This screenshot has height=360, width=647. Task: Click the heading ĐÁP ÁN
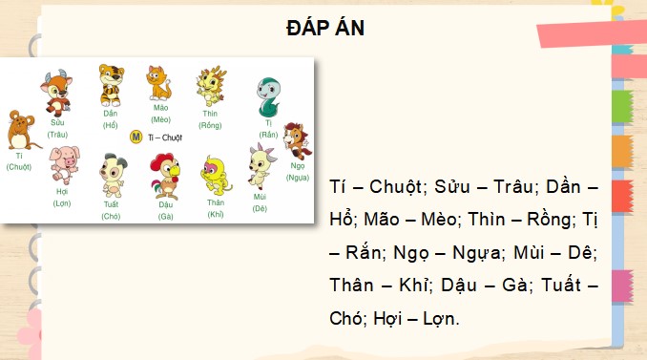324,29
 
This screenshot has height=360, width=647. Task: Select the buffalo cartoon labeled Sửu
56,92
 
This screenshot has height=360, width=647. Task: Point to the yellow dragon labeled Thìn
210,86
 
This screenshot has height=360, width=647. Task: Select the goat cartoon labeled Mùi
260,167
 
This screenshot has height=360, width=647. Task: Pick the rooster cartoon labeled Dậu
165,175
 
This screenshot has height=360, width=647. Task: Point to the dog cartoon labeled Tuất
112,175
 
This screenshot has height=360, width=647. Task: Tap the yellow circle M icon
136,138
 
